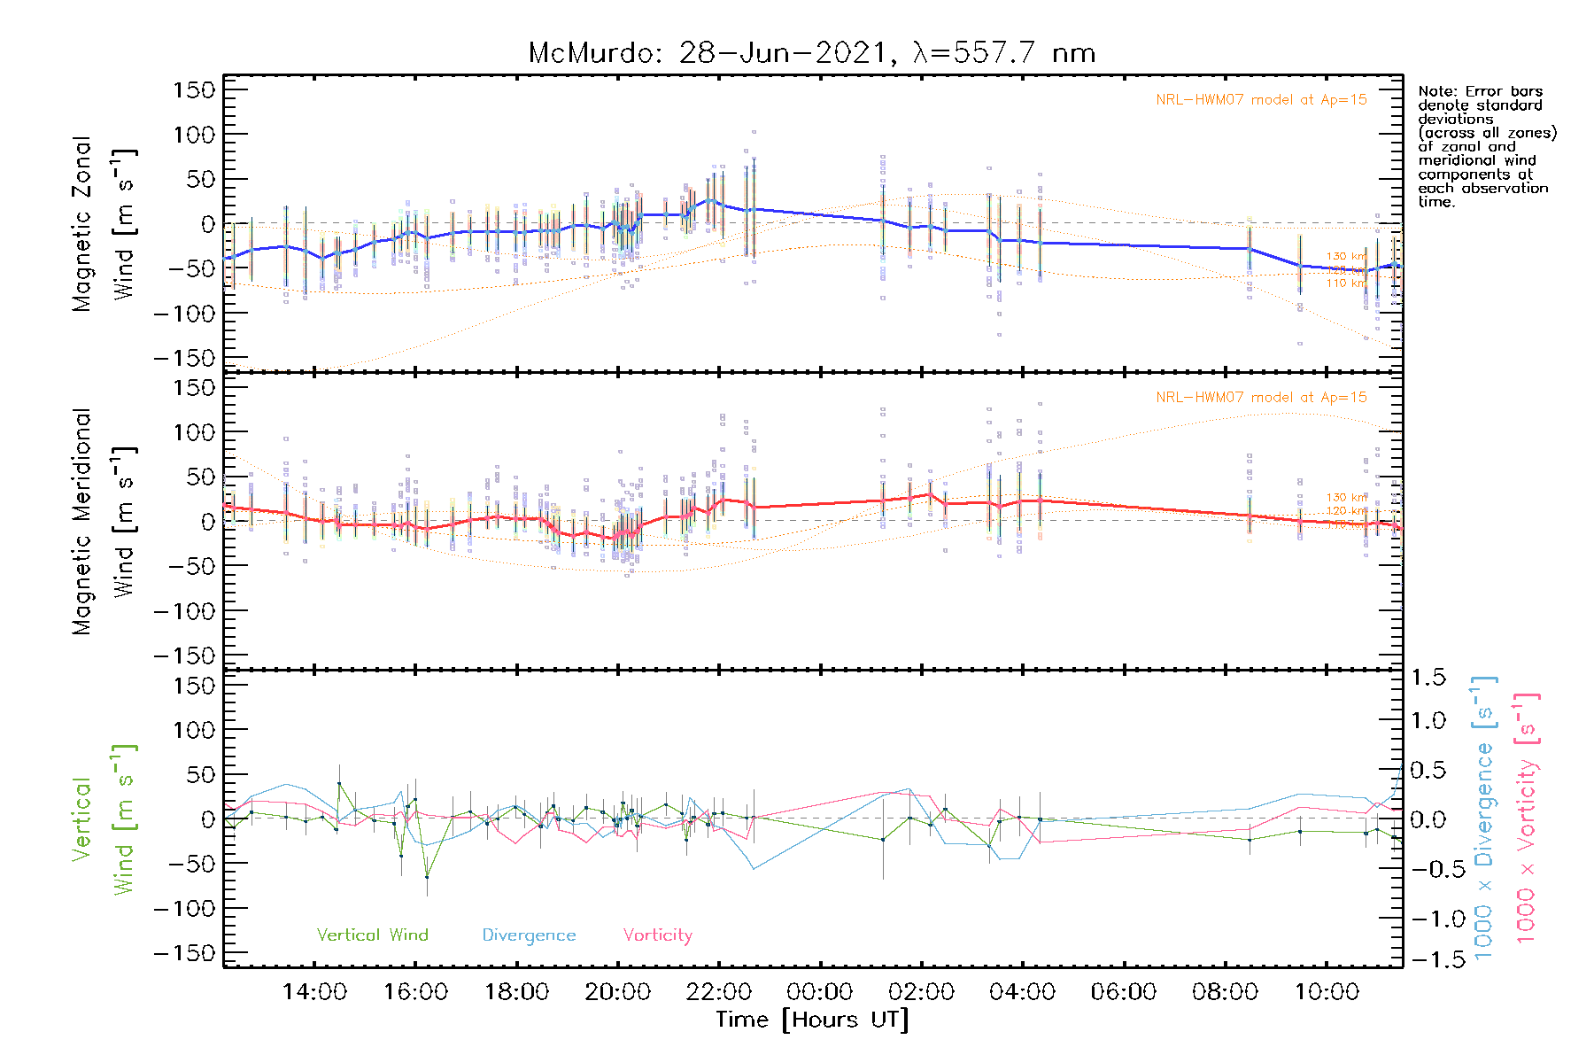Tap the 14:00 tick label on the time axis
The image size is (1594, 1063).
[314, 992]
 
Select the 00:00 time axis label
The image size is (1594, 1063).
[820, 992]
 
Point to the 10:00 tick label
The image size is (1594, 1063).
[1327, 992]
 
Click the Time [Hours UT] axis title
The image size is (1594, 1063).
[812, 1020]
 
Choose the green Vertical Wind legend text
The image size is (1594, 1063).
[372, 935]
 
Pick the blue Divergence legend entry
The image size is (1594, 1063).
[529, 935]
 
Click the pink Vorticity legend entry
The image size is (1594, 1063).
[657, 935]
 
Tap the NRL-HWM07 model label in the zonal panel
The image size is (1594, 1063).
[1261, 100]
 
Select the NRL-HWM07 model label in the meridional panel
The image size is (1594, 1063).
[1261, 398]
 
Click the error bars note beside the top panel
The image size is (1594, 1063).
[1486, 146]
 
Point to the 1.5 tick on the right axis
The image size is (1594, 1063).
[1428, 678]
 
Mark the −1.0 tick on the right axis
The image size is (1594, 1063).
[1428, 919]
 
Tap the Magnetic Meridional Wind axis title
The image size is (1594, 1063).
[104, 522]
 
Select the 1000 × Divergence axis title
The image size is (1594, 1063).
[1483, 817]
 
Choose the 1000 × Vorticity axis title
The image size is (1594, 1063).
[1526, 817]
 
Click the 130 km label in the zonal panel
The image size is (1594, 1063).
[1346, 257]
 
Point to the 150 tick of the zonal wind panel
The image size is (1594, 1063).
[195, 89]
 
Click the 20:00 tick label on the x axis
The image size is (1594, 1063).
[618, 992]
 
